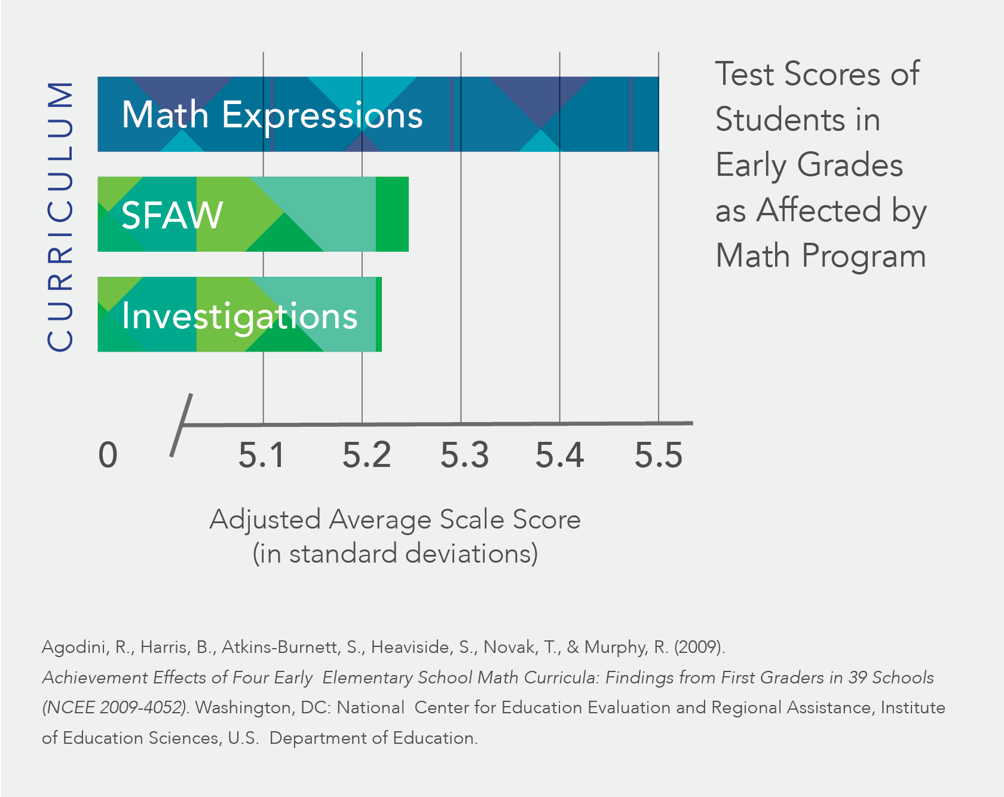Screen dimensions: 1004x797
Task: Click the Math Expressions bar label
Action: (x=273, y=115)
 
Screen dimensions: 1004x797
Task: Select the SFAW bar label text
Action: (x=172, y=215)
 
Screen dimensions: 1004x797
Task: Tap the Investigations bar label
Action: (x=240, y=316)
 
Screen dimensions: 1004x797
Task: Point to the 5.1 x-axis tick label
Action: (x=262, y=455)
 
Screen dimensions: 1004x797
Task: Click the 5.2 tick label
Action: (x=366, y=455)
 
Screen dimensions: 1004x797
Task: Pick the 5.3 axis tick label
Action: (x=465, y=455)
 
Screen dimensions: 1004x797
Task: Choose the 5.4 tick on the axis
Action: (x=559, y=455)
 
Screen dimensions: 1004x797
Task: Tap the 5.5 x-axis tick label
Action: (x=659, y=455)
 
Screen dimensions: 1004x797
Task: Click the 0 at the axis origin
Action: (x=108, y=455)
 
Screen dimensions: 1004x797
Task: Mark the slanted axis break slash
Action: (x=181, y=425)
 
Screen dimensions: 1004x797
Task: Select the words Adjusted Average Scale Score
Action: (x=395, y=520)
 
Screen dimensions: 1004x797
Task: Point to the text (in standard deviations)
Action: (x=395, y=554)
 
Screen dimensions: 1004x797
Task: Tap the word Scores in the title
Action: (x=832, y=74)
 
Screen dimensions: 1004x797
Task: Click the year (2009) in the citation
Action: (x=699, y=647)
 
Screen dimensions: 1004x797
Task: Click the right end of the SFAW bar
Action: (x=409, y=214)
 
